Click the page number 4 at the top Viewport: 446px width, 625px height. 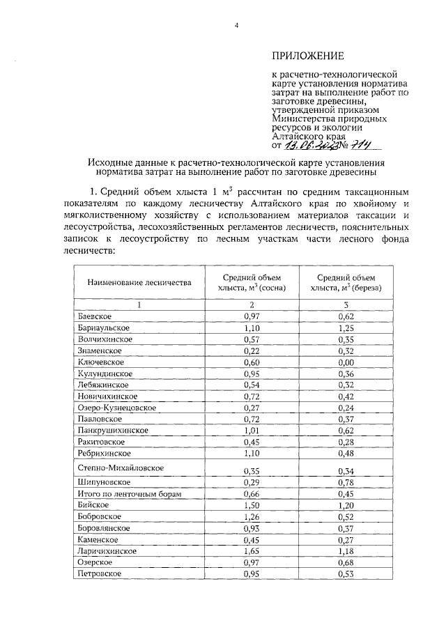pos(236,26)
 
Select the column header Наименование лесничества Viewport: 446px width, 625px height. pos(139,284)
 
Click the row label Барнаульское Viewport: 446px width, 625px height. pos(104,327)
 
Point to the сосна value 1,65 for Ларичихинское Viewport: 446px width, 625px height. pos(252,550)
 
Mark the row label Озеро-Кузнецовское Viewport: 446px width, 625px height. pos(116,407)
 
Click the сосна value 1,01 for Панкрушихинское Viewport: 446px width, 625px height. pos(252,431)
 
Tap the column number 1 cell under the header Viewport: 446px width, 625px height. pos(139,304)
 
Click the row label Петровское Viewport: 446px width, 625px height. pos(100,573)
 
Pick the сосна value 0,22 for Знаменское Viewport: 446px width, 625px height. pos(252,350)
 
